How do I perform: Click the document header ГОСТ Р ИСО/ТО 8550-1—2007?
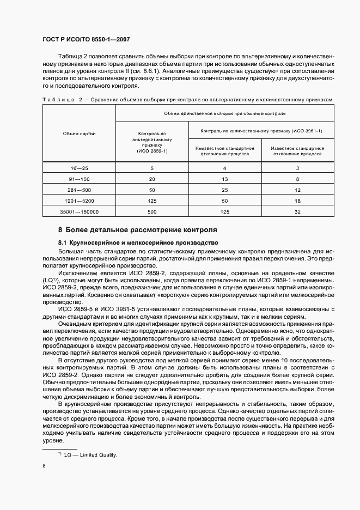click(x=86, y=39)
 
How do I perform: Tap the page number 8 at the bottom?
click(x=44, y=466)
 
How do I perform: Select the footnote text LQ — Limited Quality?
click(x=90, y=454)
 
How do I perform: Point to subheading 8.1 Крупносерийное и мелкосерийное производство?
click(x=138, y=242)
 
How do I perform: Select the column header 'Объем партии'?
click(x=79, y=133)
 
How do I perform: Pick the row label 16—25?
click(x=79, y=168)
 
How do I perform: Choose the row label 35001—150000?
click(x=79, y=212)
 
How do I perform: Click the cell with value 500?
click(x=152, y=212)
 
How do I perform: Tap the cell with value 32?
click(x=297, y=212)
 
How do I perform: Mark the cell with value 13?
click(x=224, y=179)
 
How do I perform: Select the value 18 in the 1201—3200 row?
click(x=297, y=201)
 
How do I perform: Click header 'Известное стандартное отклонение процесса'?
click(x=297, y=151)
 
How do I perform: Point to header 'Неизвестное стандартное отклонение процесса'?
click(x=224, y=151)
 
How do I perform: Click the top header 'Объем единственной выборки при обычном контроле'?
click(x=224, y=113)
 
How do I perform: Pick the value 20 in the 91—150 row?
click(x=152, y=179)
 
